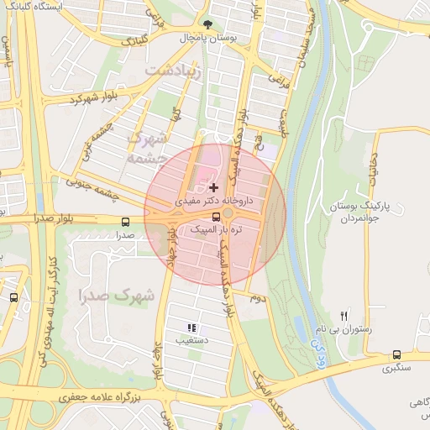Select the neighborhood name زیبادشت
(174, 71)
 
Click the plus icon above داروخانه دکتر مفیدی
(214, 186)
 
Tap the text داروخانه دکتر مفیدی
(211, 202)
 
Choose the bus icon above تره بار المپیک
(217, 217)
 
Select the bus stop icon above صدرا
(125, 223)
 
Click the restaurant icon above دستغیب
(191, 328)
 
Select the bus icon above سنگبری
(396, 354)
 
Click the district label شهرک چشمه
(144, 148)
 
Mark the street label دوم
(258, 297)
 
